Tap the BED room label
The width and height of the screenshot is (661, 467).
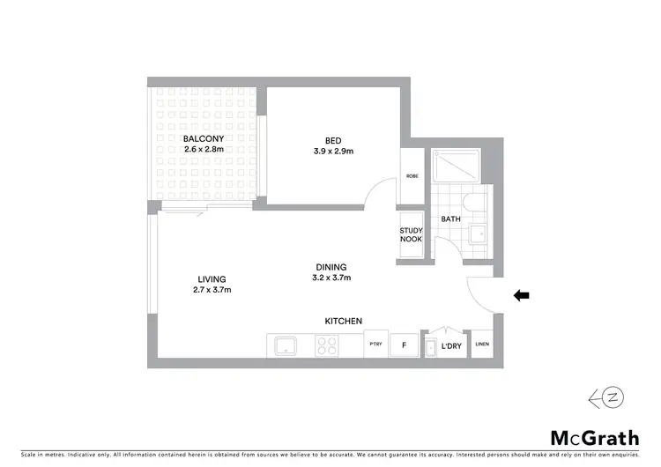331,139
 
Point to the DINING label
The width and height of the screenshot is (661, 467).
331,267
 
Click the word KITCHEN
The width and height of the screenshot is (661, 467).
344,321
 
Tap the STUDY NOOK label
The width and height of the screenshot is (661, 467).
412,234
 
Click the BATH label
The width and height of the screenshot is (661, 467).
450,219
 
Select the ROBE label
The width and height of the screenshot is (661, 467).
412,176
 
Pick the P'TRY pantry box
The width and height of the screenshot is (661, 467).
375,345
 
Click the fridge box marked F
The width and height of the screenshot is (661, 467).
405,345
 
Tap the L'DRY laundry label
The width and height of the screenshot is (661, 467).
452,345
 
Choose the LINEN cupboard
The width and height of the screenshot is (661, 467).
482,344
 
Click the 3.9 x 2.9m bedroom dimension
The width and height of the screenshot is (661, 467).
331,151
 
